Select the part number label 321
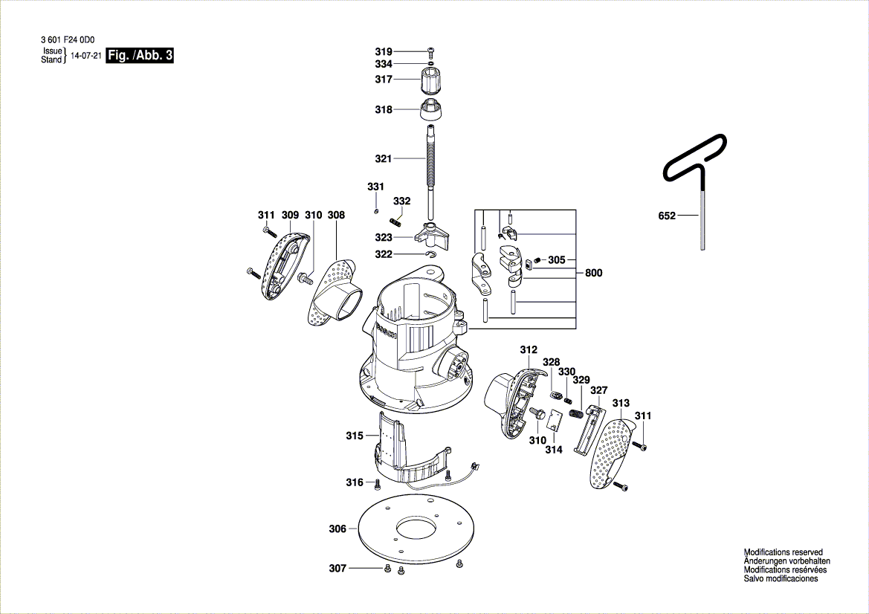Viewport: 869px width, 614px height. [383, 158]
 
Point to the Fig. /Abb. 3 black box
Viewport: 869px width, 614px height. [140, 56]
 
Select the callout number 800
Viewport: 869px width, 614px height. [593, 273]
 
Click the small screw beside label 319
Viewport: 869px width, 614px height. [431, 51]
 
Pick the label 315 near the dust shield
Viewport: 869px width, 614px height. [355, 436]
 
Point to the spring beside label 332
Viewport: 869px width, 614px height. [395, 219]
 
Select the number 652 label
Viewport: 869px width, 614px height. [667, 216]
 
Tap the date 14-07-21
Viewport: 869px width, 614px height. [85, 56]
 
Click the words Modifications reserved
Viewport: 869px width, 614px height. [783, 552]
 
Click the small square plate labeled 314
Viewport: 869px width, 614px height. [553, 422]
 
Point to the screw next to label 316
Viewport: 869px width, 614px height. [377, 483]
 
